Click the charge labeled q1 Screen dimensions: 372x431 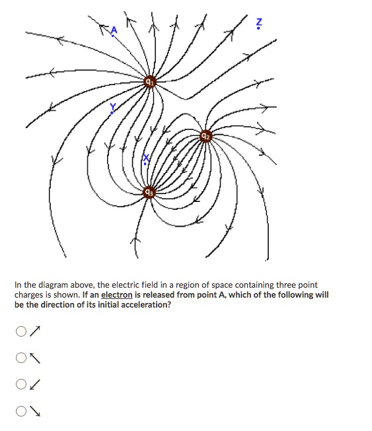(x=150, y=82)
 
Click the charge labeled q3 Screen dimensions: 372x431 (x=149, y=192)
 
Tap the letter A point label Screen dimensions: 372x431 (x=113, y=30)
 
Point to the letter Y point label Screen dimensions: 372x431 (x=112, y=108)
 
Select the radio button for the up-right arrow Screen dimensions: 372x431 (x=22, y=331)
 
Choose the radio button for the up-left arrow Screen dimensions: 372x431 (x=22, y=358)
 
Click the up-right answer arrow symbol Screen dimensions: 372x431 (x=36, y=331)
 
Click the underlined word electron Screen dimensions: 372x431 (x=116, y=295)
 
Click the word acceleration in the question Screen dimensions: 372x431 (x=144, y=305)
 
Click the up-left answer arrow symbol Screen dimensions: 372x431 (x=36, y=358)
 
